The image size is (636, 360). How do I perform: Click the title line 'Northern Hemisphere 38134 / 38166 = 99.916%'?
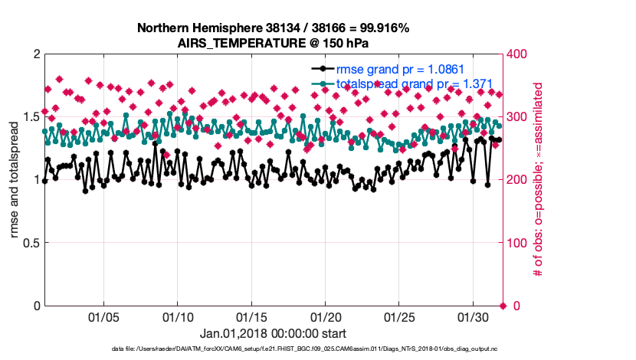point(273,28)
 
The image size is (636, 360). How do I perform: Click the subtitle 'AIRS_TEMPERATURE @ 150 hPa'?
point(273,42)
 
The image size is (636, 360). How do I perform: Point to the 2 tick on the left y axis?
point(35,54)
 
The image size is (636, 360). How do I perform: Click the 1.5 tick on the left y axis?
point(31,117)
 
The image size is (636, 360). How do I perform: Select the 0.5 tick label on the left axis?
point(31,243)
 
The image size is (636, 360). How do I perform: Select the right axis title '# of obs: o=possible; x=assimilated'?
point(538,181)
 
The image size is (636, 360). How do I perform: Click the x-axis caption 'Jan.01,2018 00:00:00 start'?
point(273,333)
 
